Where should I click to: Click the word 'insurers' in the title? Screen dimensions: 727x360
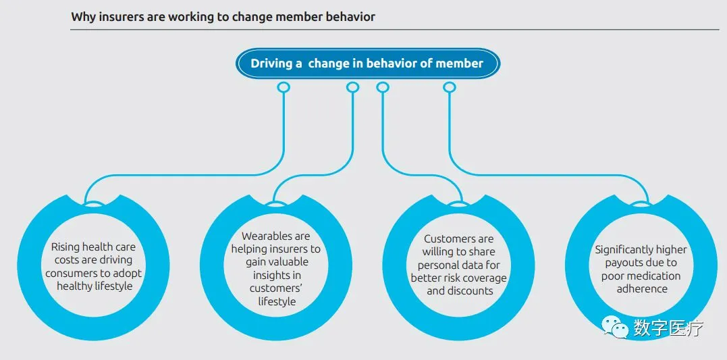(x=120, y=17)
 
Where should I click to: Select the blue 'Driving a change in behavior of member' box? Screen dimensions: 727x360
(x=367, y=63)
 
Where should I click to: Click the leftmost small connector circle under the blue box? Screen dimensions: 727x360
(x=284, y=87)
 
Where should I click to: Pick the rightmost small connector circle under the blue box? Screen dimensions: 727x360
(x=449, y=87)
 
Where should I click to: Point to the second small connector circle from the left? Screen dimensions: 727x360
(x=352, y=87)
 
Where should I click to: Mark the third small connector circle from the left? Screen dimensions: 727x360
(x=383, y=87)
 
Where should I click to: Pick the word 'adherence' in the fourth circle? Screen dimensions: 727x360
(x=641, y=288)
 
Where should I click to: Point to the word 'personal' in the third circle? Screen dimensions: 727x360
(x=439, y=265)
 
